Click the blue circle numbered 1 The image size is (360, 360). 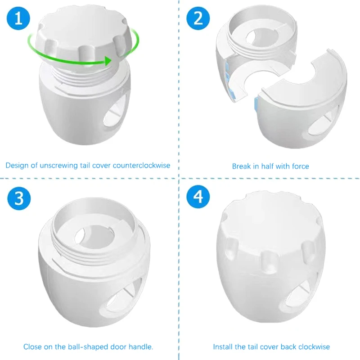18,18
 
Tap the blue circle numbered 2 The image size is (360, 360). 198,18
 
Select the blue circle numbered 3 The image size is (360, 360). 19,198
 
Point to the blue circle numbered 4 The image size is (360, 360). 198,197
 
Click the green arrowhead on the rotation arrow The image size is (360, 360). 108,61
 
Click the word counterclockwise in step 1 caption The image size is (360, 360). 141,166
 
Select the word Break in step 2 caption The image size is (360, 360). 241,166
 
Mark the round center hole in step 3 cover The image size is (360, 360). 94,237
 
